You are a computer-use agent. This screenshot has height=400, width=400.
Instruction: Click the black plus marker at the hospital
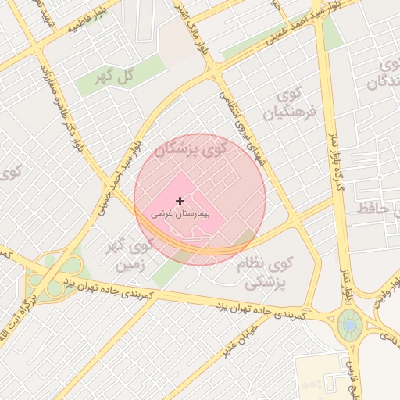180,202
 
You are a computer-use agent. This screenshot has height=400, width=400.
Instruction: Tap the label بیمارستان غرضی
180,212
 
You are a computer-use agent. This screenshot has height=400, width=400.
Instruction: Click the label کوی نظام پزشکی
266,273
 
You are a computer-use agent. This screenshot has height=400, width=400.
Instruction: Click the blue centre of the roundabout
350,323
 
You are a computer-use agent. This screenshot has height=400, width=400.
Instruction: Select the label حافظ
373,209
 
